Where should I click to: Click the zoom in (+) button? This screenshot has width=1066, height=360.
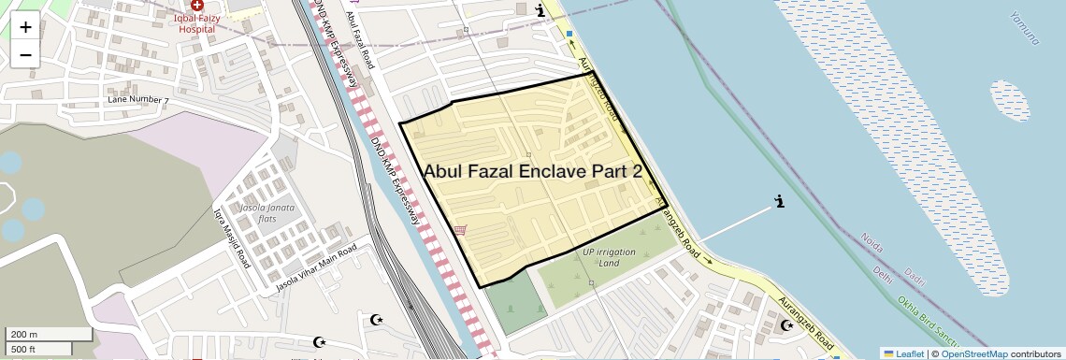(25, 26)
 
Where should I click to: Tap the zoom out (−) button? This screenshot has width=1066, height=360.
(25, 54)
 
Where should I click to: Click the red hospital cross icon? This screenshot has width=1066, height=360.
(197, 6)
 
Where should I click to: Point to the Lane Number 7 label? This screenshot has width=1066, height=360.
(138, 99)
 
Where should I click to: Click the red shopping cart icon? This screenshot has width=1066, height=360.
(459, 229)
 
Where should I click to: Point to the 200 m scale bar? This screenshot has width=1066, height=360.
(49, 334)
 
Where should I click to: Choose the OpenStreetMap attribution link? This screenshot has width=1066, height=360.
(973, 353)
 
